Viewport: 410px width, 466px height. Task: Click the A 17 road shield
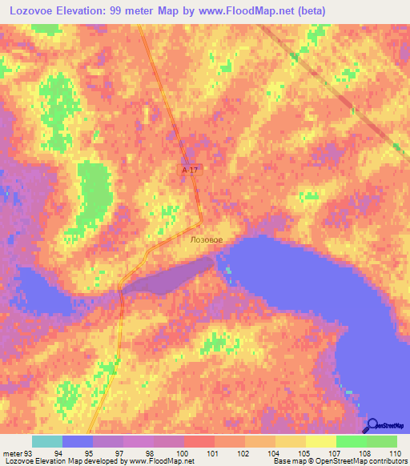189,170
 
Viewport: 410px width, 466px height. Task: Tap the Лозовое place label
207,239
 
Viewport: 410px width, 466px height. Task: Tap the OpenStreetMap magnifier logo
372,425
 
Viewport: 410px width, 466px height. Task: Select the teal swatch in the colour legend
47,441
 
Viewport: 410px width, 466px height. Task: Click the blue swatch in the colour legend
78,441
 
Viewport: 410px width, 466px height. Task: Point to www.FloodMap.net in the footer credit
163,461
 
